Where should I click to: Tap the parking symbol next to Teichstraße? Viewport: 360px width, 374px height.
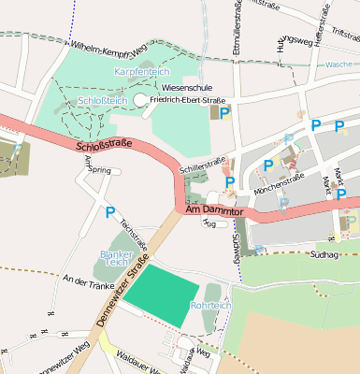(109, 213)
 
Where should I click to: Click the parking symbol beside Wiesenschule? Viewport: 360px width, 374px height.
(224, 111)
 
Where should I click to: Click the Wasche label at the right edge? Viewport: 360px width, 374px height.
(340, 65)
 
